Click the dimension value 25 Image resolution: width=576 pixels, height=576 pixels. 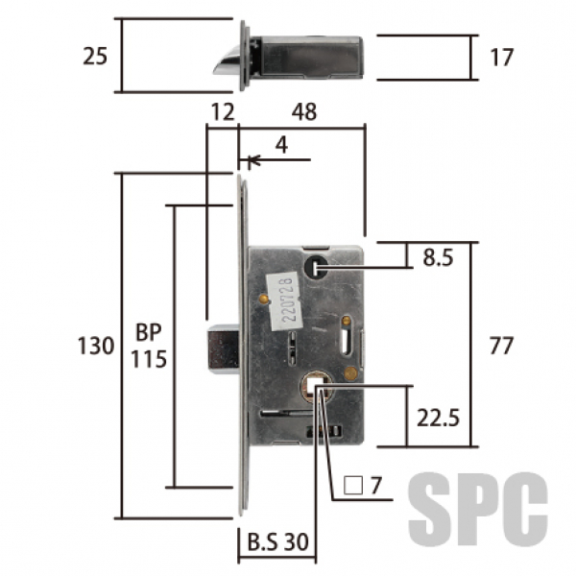click(95, 57)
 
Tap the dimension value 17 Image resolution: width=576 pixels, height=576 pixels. click(501, 58)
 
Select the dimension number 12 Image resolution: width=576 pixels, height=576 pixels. click(223, 112)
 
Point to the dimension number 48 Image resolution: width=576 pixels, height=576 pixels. click(304, 111)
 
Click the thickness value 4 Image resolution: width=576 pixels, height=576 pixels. click(281, 146)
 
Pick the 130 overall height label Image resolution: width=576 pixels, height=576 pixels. click(96, 346)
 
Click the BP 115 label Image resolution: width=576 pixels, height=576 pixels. click(149, 346)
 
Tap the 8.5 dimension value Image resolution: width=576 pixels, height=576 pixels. click(438, 257)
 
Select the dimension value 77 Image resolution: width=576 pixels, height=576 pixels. click(501, 346)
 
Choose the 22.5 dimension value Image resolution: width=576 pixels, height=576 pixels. click(438, 418)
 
